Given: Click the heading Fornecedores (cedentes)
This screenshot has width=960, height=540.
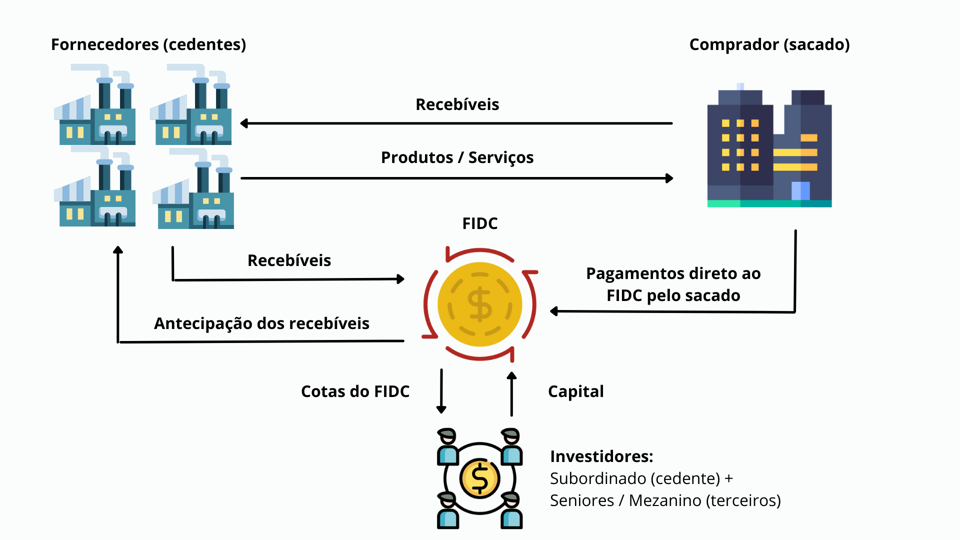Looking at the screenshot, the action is click(148, 45).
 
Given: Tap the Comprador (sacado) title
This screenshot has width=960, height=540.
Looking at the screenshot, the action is click(769, 45).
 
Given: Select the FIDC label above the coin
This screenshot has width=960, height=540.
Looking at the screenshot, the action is click(480, 223).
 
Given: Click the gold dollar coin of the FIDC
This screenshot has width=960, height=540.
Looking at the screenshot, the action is click(480, 304).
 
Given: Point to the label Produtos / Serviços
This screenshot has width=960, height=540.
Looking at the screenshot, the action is click(457, 157).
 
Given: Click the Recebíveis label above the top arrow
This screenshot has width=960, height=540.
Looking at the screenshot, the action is click(457, 104).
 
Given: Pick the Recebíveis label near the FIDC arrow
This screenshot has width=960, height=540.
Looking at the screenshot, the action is click(289, 260).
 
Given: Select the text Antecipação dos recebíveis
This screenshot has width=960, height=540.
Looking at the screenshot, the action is click(262, 323).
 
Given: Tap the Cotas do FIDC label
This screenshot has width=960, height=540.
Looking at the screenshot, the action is click(355, 391).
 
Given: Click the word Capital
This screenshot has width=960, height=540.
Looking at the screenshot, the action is click(576, 392).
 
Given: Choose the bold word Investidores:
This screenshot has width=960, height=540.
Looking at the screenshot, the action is click(601, 456).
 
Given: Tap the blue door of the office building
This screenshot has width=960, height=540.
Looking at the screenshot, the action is click(800, 191).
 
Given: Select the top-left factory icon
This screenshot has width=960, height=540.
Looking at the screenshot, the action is click(95, 104).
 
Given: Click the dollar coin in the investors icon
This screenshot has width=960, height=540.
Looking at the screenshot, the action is click(480, 478).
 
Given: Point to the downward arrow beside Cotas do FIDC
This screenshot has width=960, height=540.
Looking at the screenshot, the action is click(441, 391).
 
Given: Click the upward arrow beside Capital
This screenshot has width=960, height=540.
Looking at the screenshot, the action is click(511, 394).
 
